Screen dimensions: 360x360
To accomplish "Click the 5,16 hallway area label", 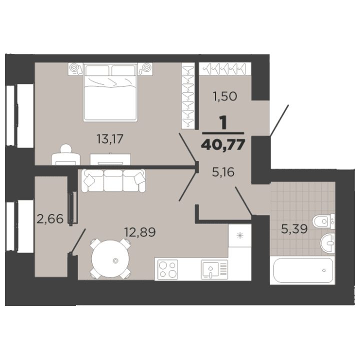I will point(223,174).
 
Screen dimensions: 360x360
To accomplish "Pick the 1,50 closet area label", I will point(225,96).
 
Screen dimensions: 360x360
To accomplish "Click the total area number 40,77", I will point(222,145).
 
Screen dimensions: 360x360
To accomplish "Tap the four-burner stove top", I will point(167,270).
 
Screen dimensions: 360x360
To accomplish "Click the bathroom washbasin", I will point(327,243).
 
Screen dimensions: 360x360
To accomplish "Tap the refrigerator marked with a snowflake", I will point(239,235).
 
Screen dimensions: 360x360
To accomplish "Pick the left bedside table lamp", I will point(75,66).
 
